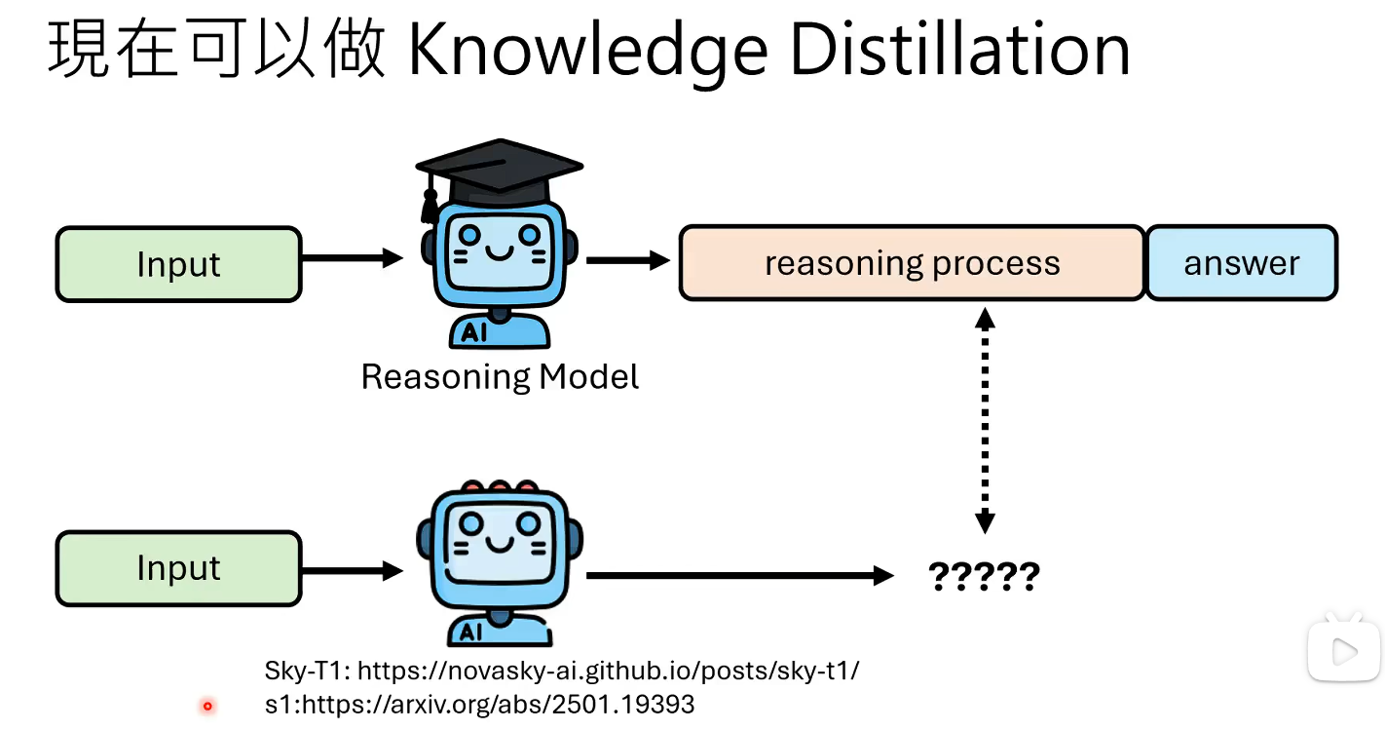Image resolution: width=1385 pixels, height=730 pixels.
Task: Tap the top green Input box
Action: click(178, 264)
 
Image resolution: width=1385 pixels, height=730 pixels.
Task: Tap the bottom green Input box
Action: click(178, 568)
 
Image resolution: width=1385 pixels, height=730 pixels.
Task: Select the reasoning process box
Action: click(912, 263)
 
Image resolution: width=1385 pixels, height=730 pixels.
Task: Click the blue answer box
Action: click(1241, 263)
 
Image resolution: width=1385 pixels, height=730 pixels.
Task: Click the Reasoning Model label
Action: click(500, 376)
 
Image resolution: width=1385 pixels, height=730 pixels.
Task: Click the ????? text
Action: click(984, 577)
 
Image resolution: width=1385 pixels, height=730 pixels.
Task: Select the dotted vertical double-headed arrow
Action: click(985, 419)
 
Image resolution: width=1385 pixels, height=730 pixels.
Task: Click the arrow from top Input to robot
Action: click(352, 258)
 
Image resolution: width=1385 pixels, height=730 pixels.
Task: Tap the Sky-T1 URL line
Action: click(562, 671)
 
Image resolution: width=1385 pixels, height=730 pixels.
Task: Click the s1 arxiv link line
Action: click(479, 704)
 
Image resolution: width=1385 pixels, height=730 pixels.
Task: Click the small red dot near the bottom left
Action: click(206, 706)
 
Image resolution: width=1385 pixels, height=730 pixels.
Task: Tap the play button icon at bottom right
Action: click(1343, 650)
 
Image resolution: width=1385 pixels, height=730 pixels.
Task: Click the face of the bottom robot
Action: click(499, 541)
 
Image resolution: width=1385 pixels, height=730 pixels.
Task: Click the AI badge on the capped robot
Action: click(474, 332)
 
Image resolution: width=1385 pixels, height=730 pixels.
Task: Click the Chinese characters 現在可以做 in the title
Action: click(216, 51)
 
